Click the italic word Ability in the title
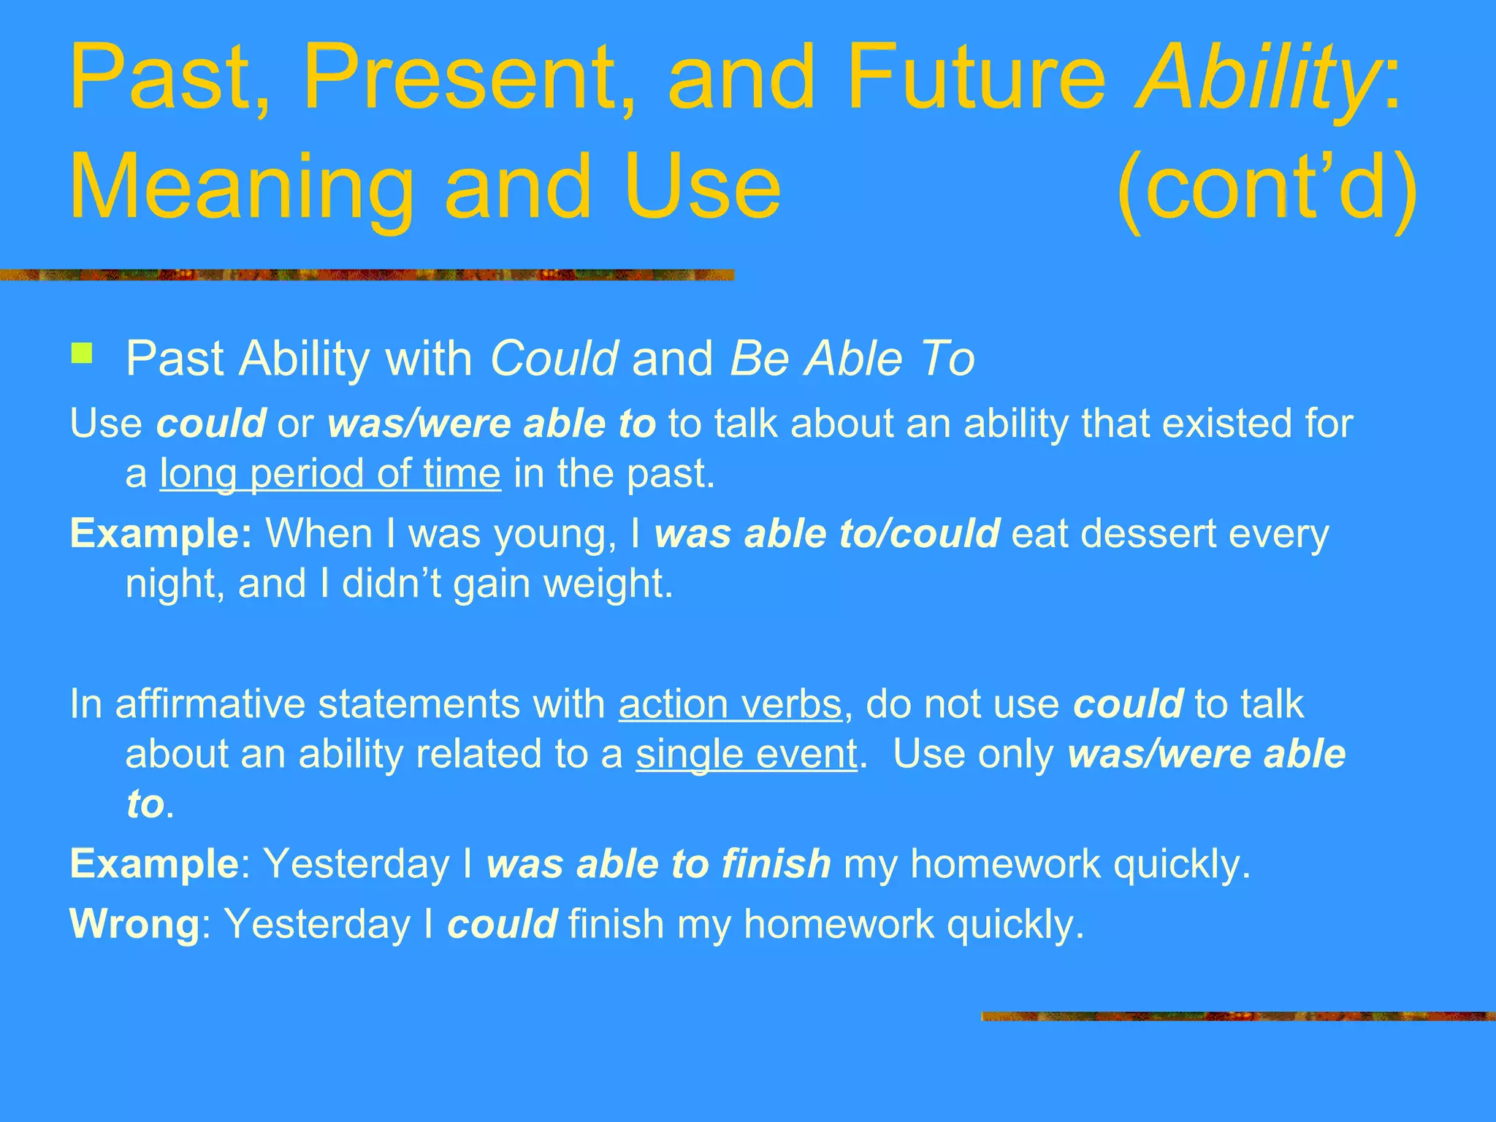(x=1256, y=78)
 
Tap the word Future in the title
(x=976, y=78)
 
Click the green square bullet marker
(x=82, y=354)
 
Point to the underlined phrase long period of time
(x=330, y=474)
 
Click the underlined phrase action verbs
(x=730, y=704)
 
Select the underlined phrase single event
(x=746, y=754)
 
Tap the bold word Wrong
(x=134, y=924)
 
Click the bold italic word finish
(x=776, y=864)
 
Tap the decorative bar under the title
(x=365, y=275)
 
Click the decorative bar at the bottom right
(x=1237, y=1016)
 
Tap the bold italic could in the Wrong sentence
(x=502, y=924)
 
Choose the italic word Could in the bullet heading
(x=554, y=359)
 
